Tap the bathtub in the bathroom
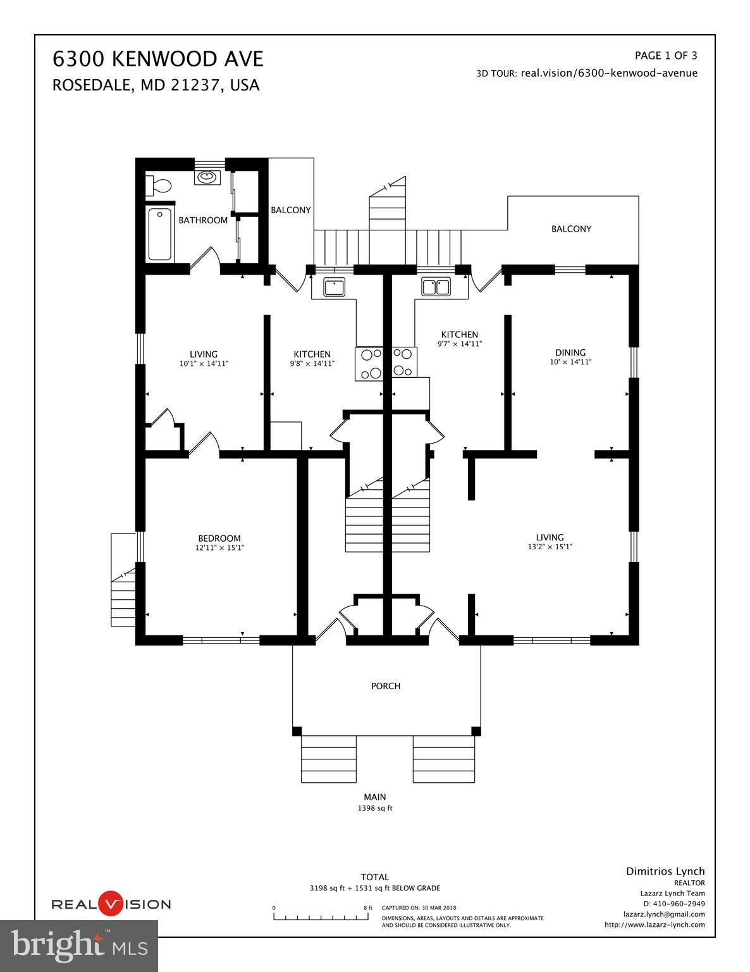tap(161, 234)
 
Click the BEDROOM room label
tap(219, 539)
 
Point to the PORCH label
tap(386, 686)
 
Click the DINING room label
tap(570, 352)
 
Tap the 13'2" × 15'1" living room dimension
tap(550, 547)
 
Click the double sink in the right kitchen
tap(436, 287)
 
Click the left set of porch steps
tap(329, 759)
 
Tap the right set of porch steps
tap(443, 759)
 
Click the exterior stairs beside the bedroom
tap(123, 595)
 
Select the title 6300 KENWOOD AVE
tap(157, 59)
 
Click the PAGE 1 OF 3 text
tap(666, 55)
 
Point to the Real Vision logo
tap(111, 904)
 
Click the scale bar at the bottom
tap(323, 916)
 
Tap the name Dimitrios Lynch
tap(665, 871)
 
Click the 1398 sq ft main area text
tap(375, 808)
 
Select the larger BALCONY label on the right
tap(571, 229)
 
